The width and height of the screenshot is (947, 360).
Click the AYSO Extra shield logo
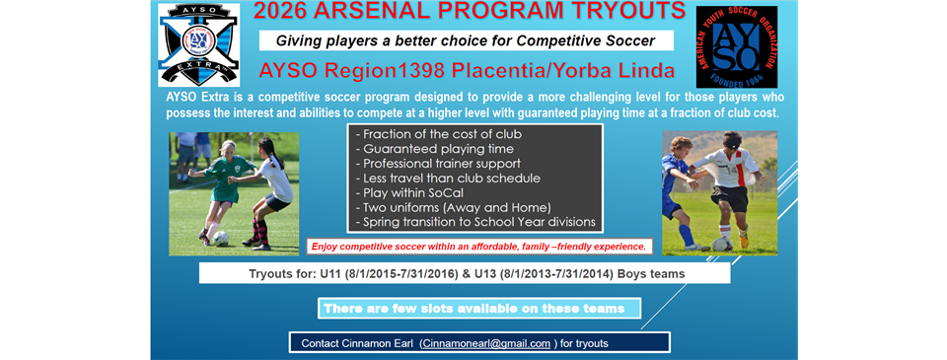[198, 44]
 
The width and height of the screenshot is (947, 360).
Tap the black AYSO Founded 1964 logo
[736, 46]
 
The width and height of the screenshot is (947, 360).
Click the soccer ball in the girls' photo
[221, 239]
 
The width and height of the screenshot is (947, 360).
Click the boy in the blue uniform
[682, 187]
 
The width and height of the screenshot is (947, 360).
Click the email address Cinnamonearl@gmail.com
[484, 343]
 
